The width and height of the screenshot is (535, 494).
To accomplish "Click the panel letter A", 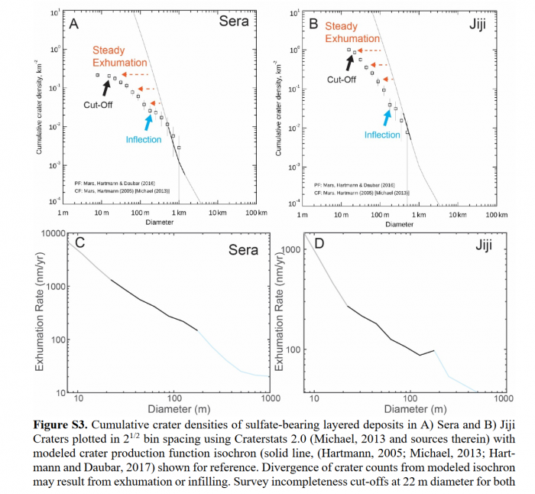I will pyautogui.click(x=75, y=24).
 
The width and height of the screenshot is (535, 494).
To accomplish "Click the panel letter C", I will pyautogui.click(x=80, y=245).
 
